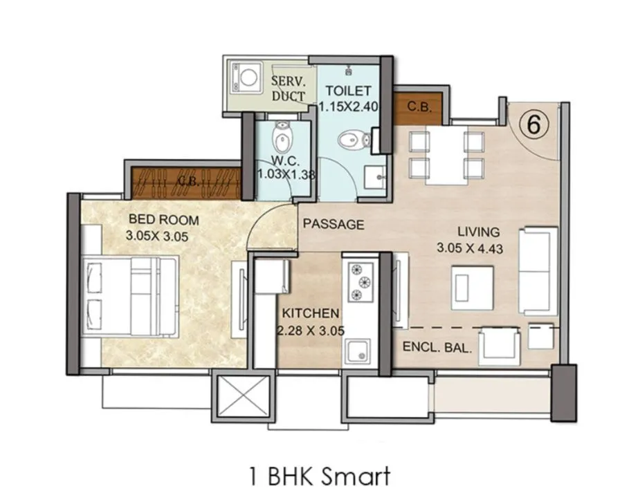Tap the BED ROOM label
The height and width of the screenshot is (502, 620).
[x=163, y=221]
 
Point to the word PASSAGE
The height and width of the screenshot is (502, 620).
[x=334, y=224]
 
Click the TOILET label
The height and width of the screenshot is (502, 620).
[x=348, y=91]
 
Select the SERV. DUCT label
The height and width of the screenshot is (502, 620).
[x=288, y=88]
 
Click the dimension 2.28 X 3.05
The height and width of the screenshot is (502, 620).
[x=310, y=330]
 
